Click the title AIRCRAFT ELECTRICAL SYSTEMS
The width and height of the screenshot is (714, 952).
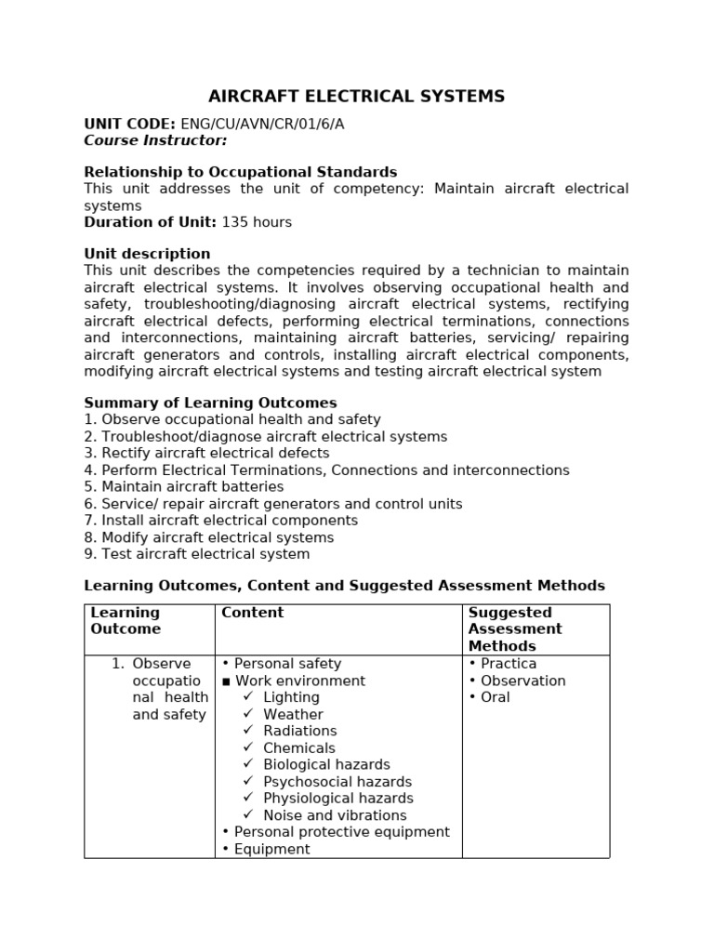pyautogui.click(x=356, y=97)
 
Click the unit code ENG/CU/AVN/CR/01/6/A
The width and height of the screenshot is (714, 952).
pyautogui.click(x=261, y=125)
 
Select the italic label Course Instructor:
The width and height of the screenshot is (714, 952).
pyautogui.click(x=155, y=140)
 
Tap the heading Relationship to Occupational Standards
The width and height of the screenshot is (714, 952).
pyautogui.click(x=240, y=172)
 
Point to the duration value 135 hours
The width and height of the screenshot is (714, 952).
pyautogui.click(x=257, y=222)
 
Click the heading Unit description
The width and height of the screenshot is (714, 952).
pyautogui.click(x=147, y=254)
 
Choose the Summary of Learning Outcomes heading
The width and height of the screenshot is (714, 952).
pyautogui.click(x=210, y=403)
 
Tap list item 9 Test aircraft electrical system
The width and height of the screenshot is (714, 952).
pyautogui.click(x=197, y=554)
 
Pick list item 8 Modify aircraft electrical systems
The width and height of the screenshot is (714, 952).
pyautogui.click(x=209, y=537)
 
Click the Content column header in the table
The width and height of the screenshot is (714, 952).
pyautogui.click(x=252, y=613)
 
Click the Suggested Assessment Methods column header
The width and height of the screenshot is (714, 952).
pyautogui.click(x=515, y=629)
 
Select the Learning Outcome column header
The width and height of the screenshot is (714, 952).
pyautogui.click(x=126, y=621)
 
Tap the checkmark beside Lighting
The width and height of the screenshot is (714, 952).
pyautogui.click(x=248, y=697)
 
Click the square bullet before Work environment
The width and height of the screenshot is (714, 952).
pyautogui.click(x=226, y=681)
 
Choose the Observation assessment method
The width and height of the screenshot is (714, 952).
pyautogui.click(x=522, y=681)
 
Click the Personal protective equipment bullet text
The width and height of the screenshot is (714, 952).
pyautogui.click(x=341, y=832)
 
